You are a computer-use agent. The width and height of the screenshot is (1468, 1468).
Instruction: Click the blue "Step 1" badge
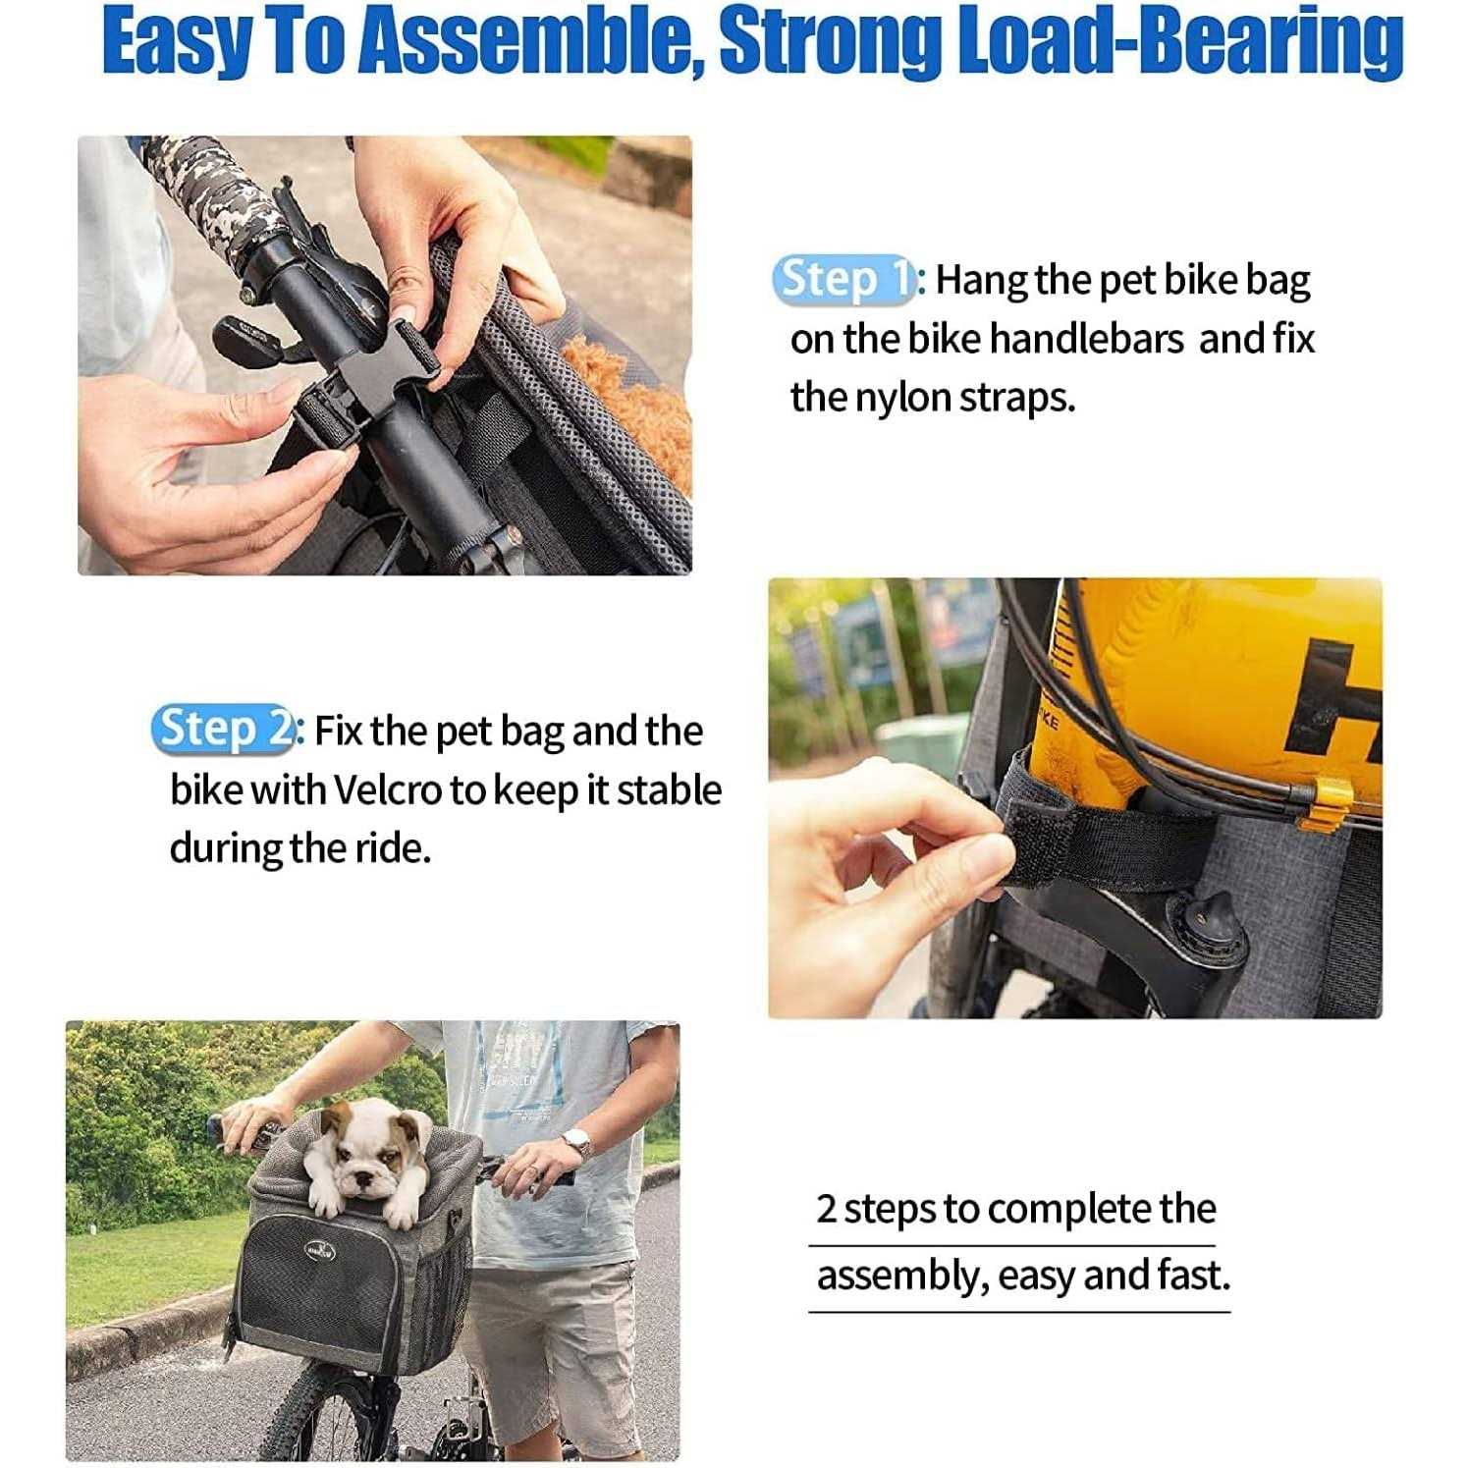pyautogui.click(x=844, y=280)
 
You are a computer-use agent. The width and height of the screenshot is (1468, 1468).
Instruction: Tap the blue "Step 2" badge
pyautogui.click(x=224, y=730)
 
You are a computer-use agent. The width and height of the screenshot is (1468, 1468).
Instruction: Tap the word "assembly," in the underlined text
pyautogui.click(x=901, y=1277)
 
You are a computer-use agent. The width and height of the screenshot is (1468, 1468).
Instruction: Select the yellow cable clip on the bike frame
pyautogui.click(x=1331, y=800)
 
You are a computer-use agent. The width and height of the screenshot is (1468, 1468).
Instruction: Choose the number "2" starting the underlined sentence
pyautogui.click(x=827, y=1210)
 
